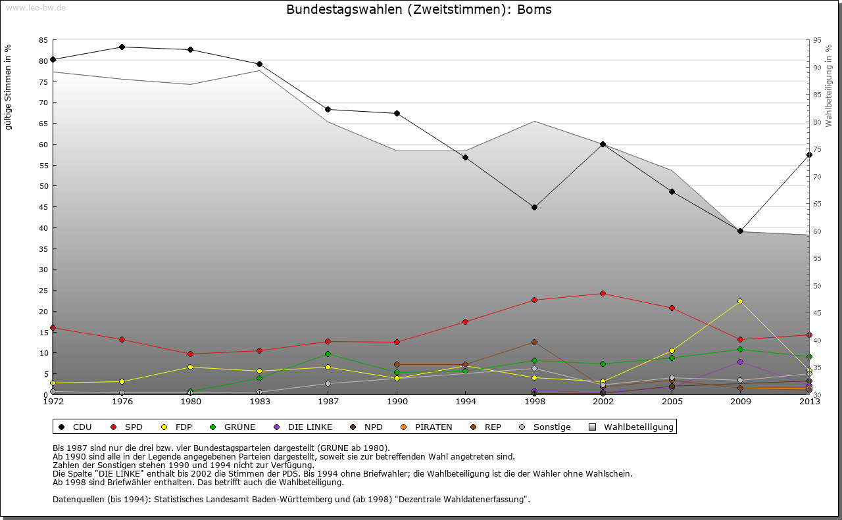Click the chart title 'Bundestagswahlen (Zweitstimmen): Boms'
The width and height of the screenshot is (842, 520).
coord(419,10)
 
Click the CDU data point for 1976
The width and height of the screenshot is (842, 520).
coord(122,47)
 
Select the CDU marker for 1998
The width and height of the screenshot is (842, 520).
coord(534,207)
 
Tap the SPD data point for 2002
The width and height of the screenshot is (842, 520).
coord(603,293)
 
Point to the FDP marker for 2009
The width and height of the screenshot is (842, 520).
coord(740,301)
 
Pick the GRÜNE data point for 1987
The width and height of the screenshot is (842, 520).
coord(328,354)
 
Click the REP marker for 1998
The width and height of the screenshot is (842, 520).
coord(534,342)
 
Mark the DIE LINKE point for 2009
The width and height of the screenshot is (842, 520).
coord(740,362)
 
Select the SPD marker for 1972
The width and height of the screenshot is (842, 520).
coord(53,327)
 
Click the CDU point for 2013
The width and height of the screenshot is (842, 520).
coord(809,154)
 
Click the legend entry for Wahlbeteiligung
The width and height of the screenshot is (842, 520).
coord(632,427)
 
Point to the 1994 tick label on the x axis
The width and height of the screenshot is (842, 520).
coord(465,402)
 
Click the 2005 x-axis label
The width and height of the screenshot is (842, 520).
coord(672,402)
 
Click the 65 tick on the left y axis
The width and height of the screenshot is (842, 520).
coord(43,124)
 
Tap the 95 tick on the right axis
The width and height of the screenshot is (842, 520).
coord(818,40)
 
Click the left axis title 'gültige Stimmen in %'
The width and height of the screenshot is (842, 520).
coord(9,87)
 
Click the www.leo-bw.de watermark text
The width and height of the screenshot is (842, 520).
coord(34,7)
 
